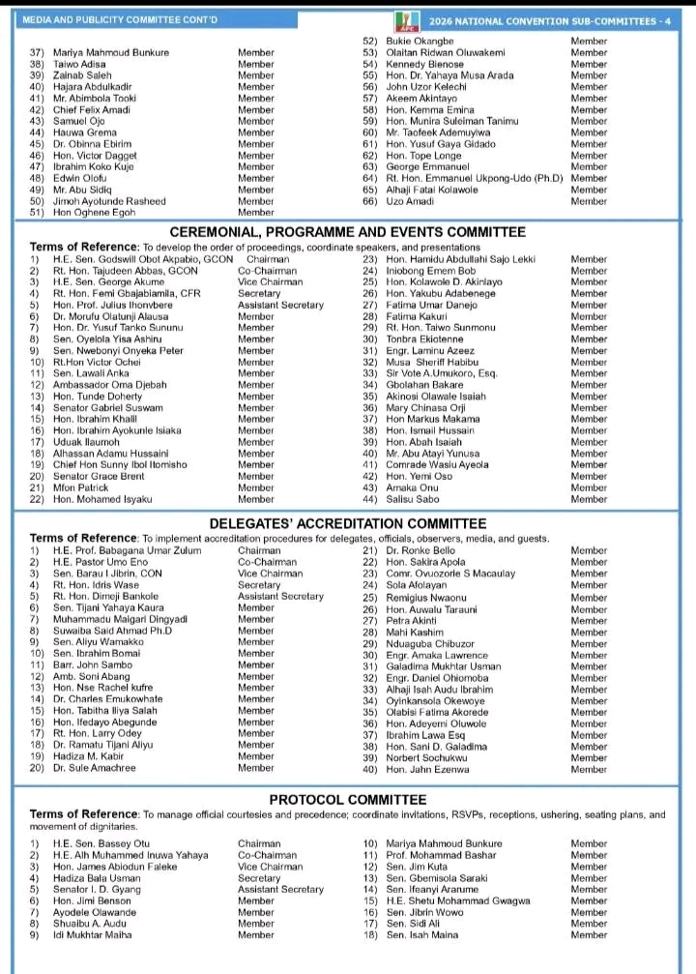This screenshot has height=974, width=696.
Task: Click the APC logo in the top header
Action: [403, 19]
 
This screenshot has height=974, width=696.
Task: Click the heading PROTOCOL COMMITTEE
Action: [347, 800]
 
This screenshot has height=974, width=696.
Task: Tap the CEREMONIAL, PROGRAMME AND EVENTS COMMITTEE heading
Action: [347, 232]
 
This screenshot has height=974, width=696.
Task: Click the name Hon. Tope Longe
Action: [423, 156]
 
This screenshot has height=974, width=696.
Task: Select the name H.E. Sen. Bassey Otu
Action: [101, 843]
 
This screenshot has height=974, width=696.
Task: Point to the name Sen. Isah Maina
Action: [422, 935]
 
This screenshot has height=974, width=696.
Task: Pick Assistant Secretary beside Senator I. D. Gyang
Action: [280, 890]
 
